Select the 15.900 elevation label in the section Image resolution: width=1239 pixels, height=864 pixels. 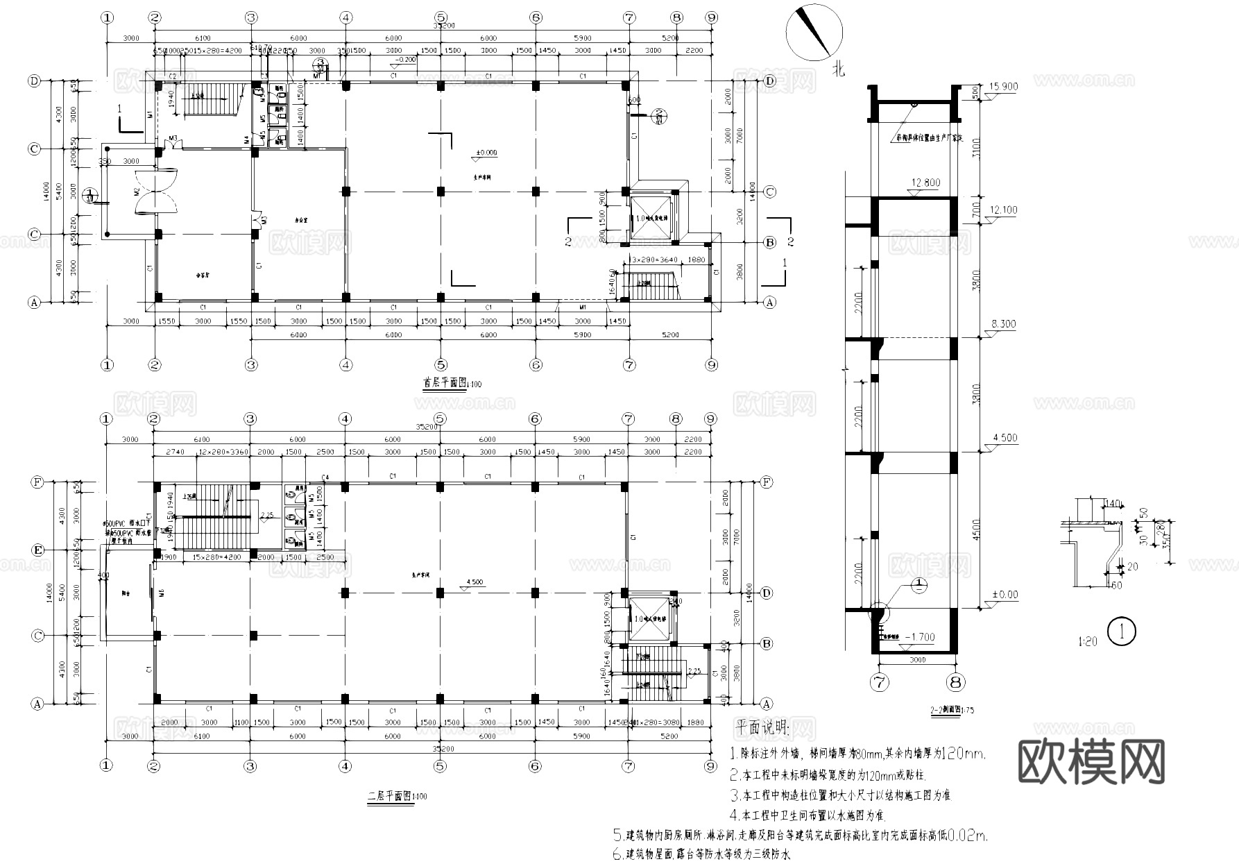[x=1004, y=87]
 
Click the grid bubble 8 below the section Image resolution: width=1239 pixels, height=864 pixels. [x=955, y=683]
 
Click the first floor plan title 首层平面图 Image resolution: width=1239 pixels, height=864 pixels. [x=444, y=382]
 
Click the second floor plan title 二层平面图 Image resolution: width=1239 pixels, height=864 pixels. [x=388, y=796]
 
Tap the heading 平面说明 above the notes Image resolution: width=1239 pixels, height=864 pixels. [x=761, y=728]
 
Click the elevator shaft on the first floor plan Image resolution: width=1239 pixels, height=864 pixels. [x=651, y=218]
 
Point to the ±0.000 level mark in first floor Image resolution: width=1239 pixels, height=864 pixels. [x=486, y=153]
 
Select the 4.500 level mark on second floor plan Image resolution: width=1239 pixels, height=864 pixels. [x=475, y=582]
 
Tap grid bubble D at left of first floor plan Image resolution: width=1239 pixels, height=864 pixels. [x=33, y=81]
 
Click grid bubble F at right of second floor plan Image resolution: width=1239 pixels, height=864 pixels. [x=767, y=482]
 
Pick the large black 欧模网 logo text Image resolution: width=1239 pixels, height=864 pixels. [x=1091, y=761]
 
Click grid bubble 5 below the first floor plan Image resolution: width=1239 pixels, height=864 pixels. [x=441, y=365]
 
